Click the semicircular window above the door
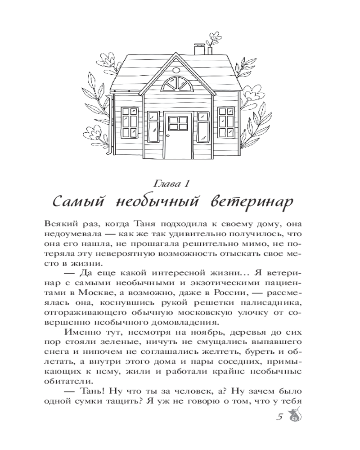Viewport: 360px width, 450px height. tap(176, 84)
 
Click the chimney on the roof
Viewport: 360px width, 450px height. tap(198, 49)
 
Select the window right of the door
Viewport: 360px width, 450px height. tap(228, 123)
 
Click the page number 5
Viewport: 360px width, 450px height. tap(280, 417)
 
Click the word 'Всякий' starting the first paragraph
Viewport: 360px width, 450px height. tap(59, 224)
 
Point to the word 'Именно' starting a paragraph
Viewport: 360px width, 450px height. tap(83, 333)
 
